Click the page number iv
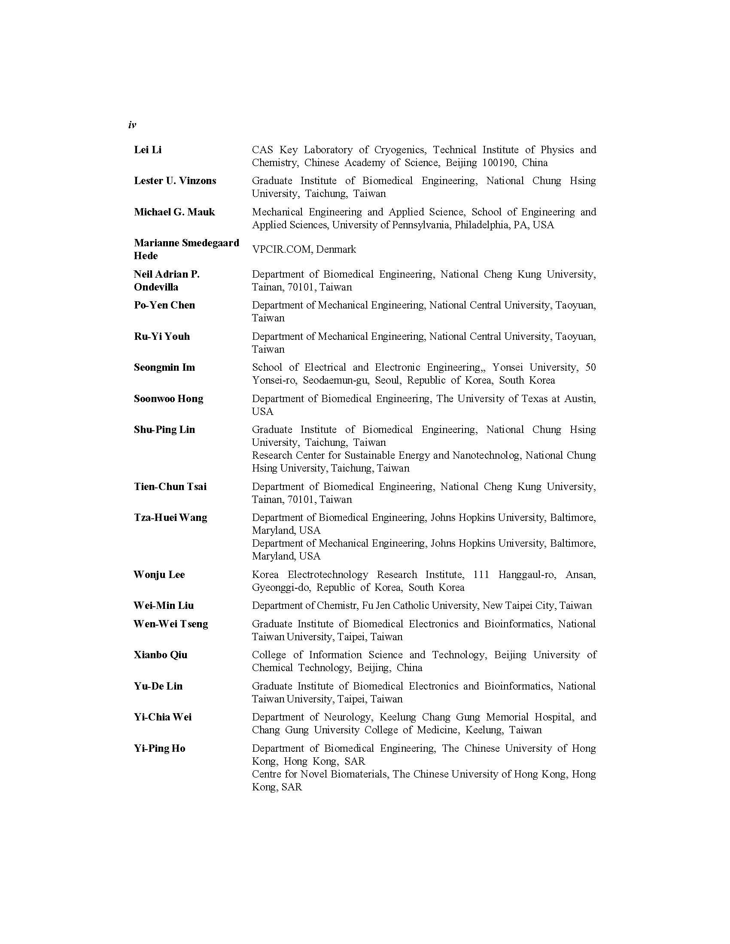[x=132, y=125]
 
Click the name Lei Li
[x=147, y=150]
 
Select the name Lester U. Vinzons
[x=175, y=181]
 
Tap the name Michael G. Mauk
[x=174, y=212]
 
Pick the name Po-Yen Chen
[x=164, y=305]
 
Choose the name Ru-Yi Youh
[x=162, y=336]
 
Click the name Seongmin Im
[x=164, y=367]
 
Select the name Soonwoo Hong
[x=168, y=399]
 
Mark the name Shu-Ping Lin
[x=164, y=430]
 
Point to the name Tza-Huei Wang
[x=170, y=517]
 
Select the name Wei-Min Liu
[x=164, y=605]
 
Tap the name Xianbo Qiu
[x=161, y=655]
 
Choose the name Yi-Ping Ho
[x=159, y=748]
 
